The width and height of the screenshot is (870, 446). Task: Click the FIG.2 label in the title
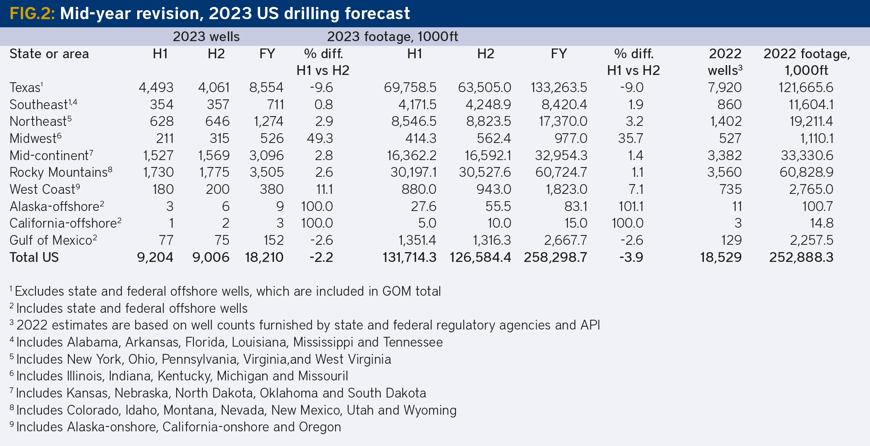pyautogui.click(x=32, y=13)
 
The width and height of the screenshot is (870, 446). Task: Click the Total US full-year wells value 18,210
pyautogui.click(x=264, y=257)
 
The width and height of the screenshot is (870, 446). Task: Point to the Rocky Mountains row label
pyautogui.click(x=58, y=172)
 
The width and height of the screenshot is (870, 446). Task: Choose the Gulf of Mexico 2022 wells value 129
pyautogui.click(x=731, y=240)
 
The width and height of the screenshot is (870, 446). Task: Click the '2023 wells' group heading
pyautogui.click(x=206, y=37)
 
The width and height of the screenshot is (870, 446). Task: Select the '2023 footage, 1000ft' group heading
pyautogui.click(x=392, y=37)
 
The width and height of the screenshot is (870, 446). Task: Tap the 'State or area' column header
pyautogui.click(x=49, y=54)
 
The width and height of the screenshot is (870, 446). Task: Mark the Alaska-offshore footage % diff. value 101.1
pyautogui.click(x=631, y=207)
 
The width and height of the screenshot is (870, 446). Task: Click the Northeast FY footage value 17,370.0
pyautogui.click(x=563, y=121)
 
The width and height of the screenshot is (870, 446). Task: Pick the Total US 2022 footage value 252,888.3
pyautogui.click(x=801, y=257)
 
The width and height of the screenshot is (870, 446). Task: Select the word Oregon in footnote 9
pyautogui.click(x=320, y=427)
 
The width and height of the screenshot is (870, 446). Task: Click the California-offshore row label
pyautogui.click(x=63, y=223)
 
